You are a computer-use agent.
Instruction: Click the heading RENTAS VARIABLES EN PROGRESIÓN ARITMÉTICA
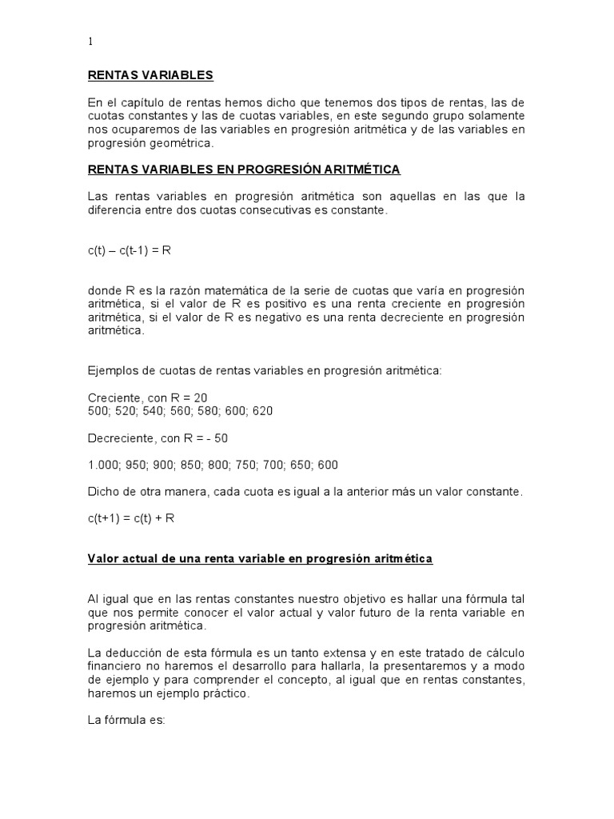(244, 170)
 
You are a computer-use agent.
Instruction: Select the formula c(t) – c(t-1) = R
(130, 250)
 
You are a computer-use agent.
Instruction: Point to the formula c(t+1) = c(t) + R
(131, 517)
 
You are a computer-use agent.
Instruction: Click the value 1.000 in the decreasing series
(102, 465)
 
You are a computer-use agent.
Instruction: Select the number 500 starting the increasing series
(98, 410)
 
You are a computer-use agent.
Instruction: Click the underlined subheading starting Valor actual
(260, 559)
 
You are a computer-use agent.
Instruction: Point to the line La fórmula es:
(126, 720)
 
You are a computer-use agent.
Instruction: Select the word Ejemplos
(112, 370)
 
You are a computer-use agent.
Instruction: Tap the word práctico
(226, 693)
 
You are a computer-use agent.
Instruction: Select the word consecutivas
(285, 210)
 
